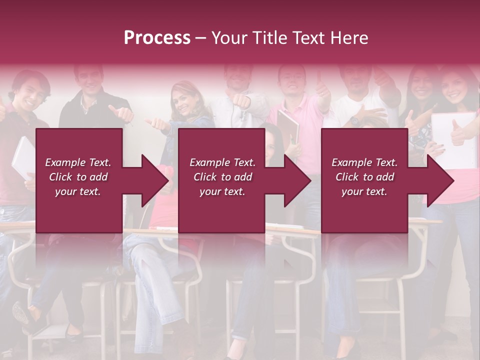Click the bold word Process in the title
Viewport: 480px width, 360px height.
click(x=157, y=38)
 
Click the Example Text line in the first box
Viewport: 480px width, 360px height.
click(x=78, y=162)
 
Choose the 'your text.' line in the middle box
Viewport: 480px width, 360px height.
click(x=222, y=191)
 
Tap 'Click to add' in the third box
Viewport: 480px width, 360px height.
click(x=364, y=177)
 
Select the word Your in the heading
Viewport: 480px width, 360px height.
click(x=229, y=38)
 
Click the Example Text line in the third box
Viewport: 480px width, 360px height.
click(x=364, y=162)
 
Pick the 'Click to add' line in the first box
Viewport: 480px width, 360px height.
click(x=78, y=177)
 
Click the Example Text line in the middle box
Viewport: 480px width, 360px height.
click(x=222, y=162)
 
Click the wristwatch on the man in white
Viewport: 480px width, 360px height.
click(x=354, y=120)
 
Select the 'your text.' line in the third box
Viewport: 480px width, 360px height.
click(x=364, y=191)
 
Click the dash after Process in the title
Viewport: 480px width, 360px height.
click(x=201, y=38)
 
